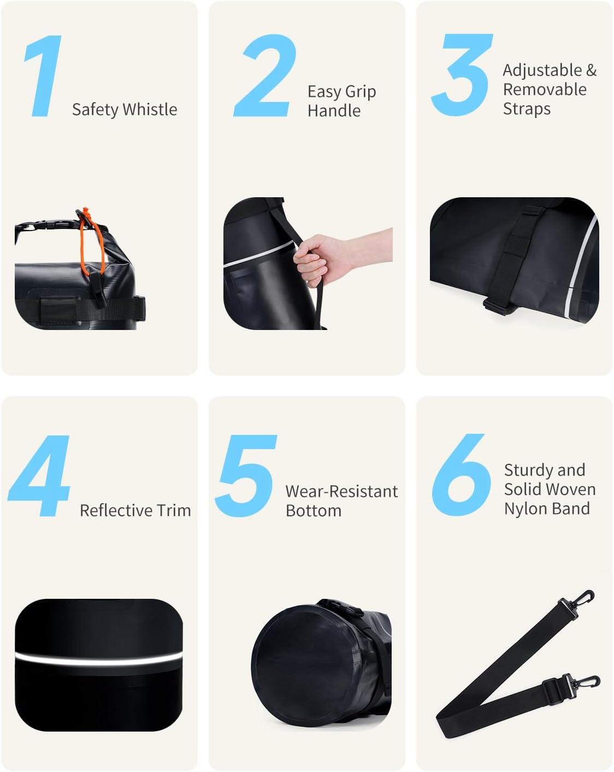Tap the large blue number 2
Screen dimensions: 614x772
click(265, 76)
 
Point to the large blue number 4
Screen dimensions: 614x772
click(39, 476)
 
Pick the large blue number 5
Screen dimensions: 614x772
click(246, 476)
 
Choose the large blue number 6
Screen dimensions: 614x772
click(461, 475)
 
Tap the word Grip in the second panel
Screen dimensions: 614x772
click(361, 92)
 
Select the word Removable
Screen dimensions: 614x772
click(545, 89)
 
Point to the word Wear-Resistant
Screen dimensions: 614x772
click(342, 491)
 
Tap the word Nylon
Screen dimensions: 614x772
click(522, 509)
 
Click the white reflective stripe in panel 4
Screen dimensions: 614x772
click(99, 659)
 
